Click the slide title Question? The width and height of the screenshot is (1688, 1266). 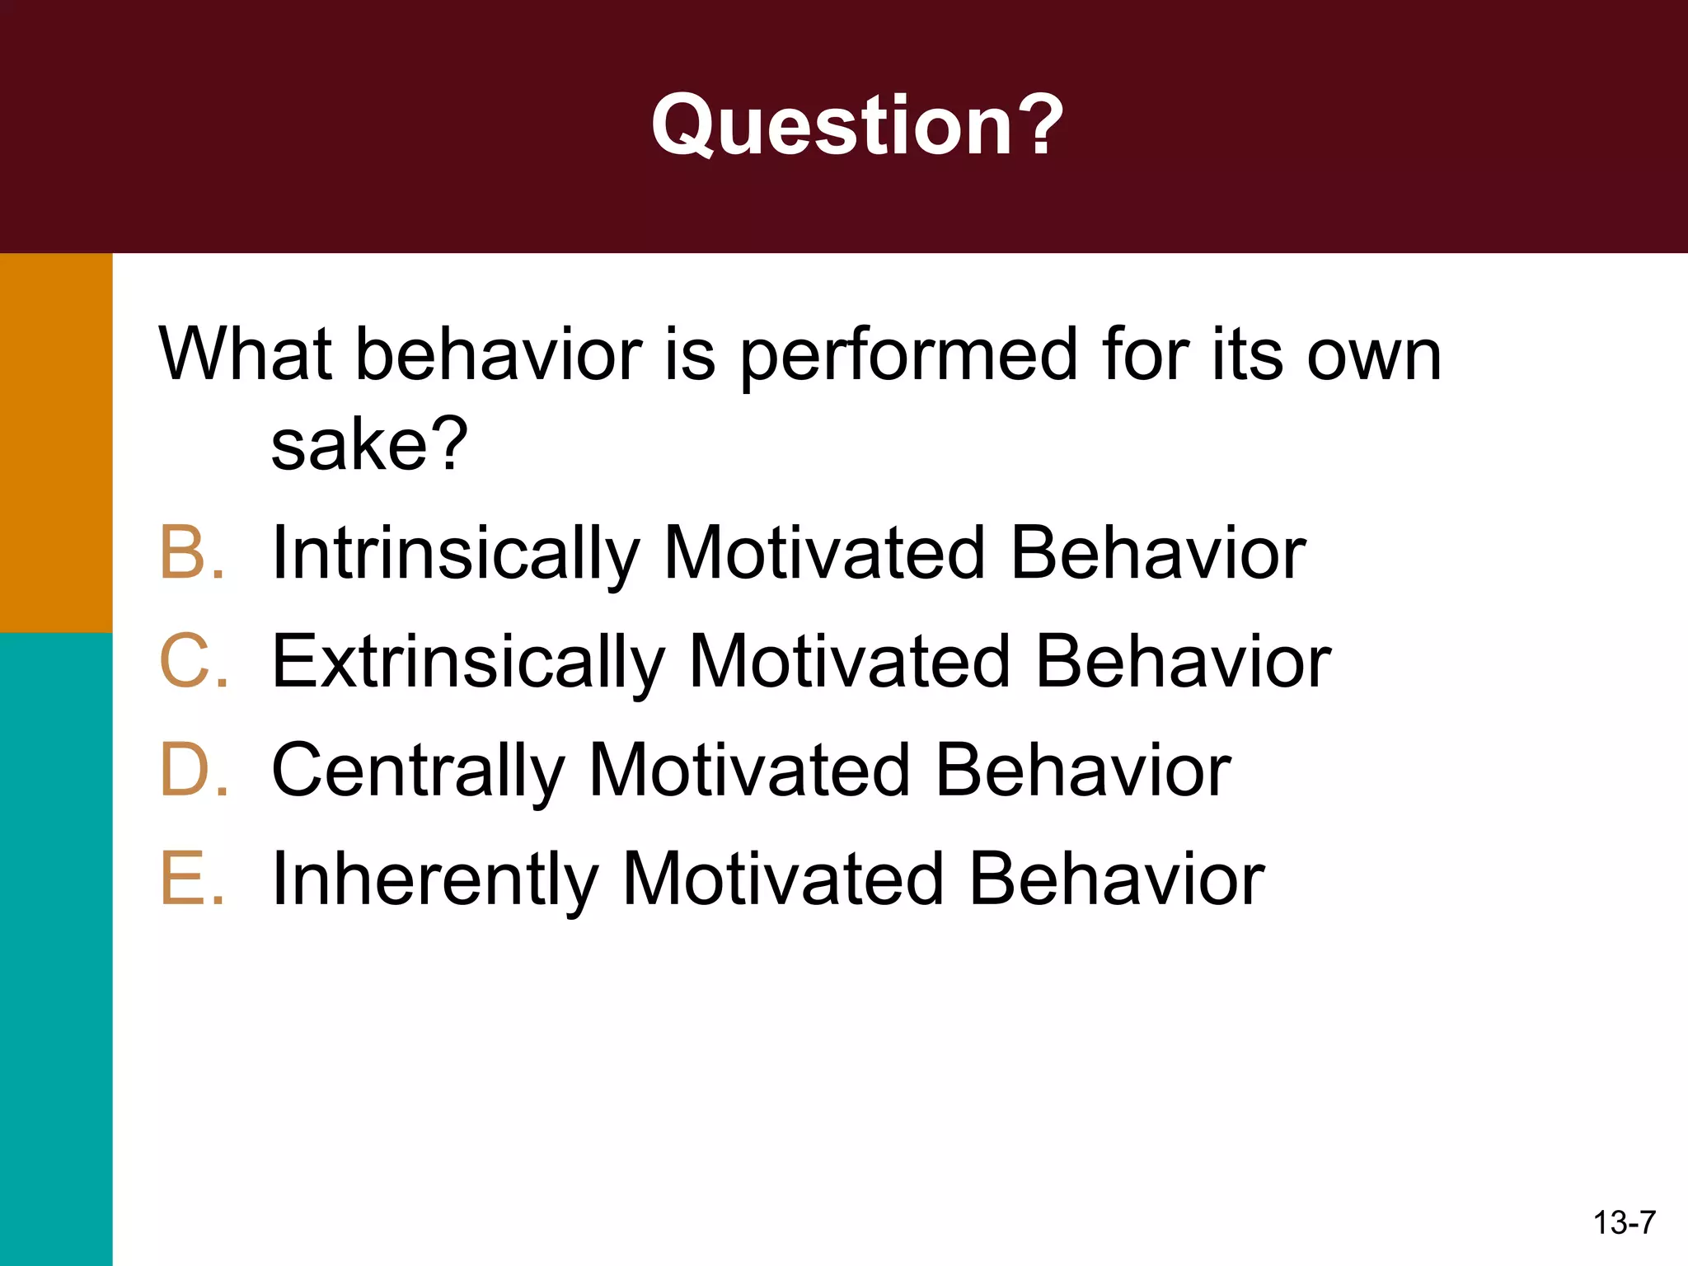857,125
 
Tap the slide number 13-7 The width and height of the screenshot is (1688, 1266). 1624,1222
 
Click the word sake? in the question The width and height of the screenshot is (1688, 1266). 369,445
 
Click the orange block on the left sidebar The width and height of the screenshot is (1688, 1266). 56,443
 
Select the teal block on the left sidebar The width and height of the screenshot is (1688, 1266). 56,948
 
